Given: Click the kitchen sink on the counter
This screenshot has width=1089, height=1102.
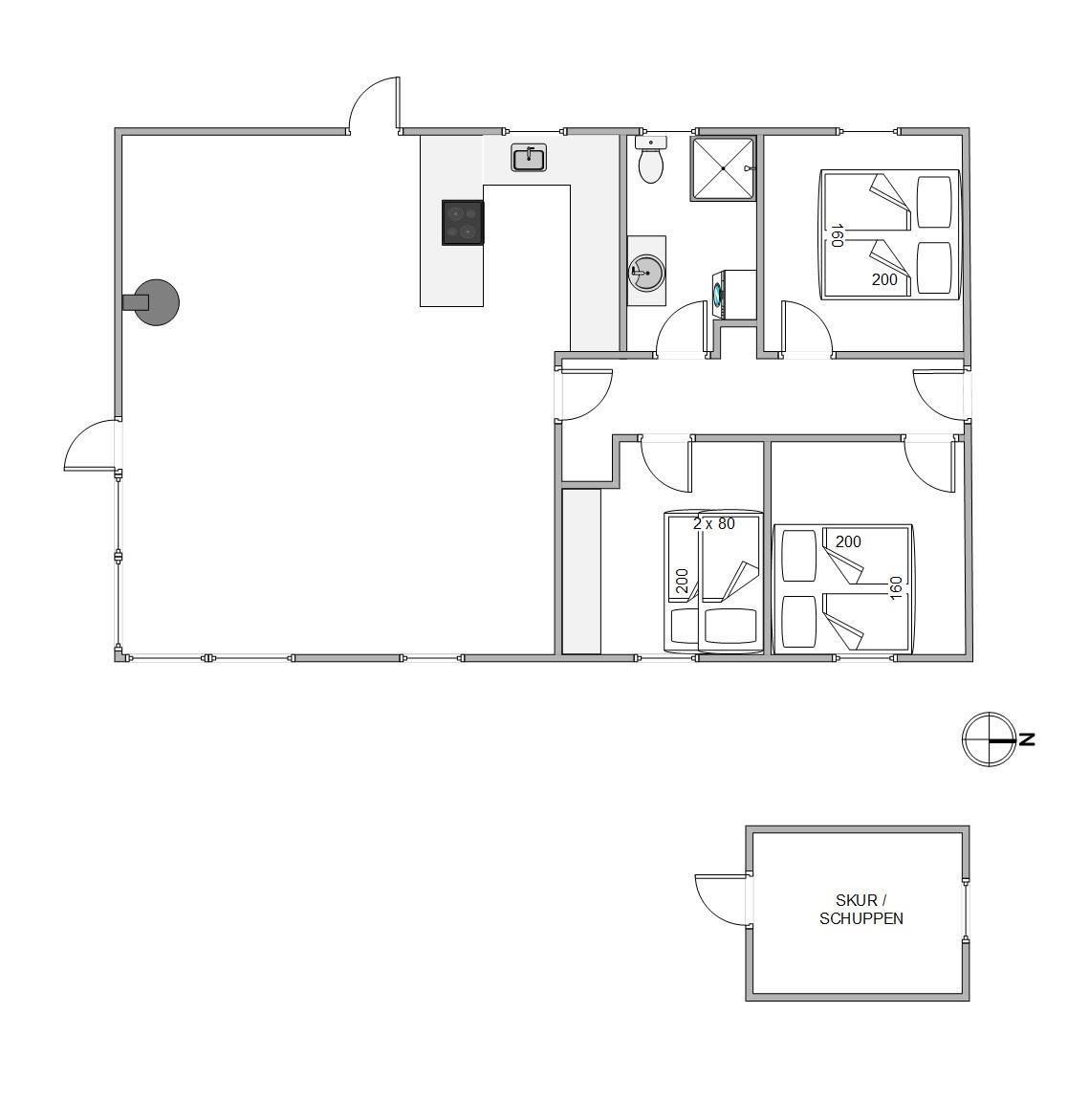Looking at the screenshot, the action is point(529,158).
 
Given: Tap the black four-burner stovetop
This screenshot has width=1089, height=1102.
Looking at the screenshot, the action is point(463,223).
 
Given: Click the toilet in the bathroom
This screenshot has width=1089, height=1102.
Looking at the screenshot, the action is point(650,159).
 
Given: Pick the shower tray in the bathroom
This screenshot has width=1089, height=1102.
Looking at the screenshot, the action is point(723,168).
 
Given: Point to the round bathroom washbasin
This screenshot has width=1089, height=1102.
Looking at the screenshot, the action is point(646,272).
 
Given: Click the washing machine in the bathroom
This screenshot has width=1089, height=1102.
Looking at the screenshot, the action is point(733,293).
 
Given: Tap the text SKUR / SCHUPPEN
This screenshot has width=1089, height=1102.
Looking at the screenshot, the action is point(860,910).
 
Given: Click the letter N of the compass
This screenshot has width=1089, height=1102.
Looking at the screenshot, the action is point(1027,739).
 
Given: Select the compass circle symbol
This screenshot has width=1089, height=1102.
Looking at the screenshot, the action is point(989,739).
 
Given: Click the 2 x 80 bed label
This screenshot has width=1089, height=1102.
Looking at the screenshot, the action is point(714,523).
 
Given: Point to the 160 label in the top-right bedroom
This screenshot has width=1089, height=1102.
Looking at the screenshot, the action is point(836,235).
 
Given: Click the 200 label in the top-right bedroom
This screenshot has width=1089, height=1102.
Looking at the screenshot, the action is point(884,279).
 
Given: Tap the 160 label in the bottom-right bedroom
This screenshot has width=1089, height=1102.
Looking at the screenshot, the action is point(895,588).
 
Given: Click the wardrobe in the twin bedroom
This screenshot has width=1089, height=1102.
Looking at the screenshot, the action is point(581,571).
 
